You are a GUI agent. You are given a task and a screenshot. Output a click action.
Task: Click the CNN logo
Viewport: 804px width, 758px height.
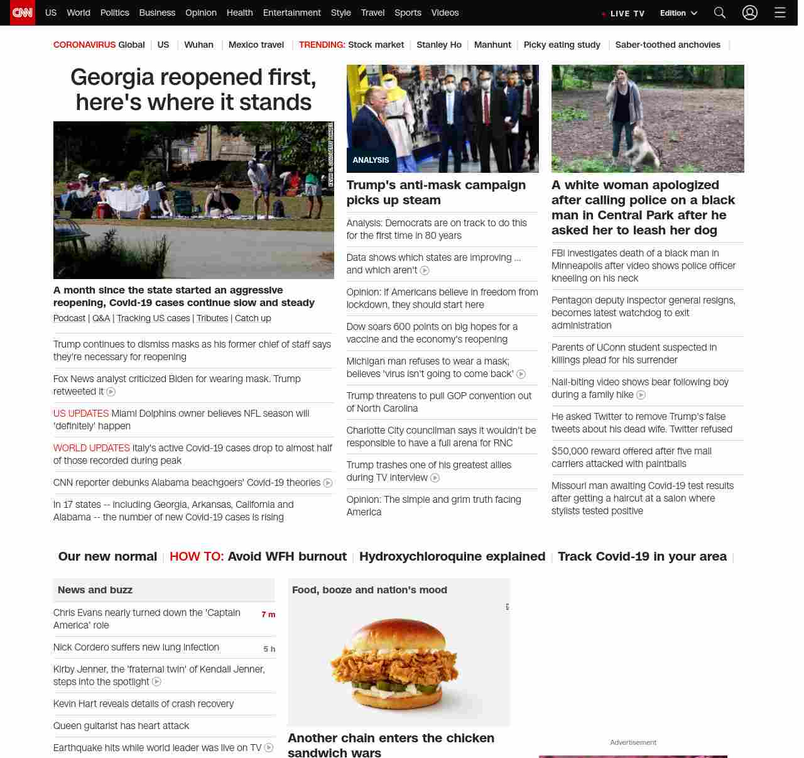23,13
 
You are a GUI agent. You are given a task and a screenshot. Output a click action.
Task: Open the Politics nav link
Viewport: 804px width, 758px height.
114,13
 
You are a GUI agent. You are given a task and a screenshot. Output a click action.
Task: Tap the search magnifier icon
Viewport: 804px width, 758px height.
720,13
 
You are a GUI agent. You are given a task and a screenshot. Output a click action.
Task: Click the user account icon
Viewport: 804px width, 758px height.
750,13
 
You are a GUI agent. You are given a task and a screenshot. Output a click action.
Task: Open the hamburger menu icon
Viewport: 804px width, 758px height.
780,13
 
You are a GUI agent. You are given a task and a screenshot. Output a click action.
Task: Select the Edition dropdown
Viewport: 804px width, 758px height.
678,13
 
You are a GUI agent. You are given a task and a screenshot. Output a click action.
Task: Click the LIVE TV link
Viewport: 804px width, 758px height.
623,13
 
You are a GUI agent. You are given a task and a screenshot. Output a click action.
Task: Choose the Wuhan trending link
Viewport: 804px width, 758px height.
198,45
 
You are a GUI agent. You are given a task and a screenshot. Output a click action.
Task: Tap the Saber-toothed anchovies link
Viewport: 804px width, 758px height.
668,45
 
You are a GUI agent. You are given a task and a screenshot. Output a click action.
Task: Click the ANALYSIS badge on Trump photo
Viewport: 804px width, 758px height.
371,160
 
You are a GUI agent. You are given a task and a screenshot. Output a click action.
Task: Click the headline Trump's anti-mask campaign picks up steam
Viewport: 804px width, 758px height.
436,192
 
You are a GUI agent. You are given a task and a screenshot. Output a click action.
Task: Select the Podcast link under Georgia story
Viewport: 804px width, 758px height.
69,318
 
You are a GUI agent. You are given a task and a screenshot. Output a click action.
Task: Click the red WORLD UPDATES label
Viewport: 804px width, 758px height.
92,448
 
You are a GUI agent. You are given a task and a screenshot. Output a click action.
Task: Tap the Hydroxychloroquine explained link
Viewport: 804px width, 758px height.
452,556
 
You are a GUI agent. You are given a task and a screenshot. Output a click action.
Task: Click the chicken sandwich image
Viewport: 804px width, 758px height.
398,663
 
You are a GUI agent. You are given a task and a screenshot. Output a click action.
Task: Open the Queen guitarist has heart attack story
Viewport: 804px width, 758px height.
121,725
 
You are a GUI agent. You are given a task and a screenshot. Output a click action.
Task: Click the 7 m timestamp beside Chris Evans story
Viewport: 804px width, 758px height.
268,614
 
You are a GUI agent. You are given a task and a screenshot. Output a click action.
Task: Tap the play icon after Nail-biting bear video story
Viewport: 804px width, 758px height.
641,395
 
